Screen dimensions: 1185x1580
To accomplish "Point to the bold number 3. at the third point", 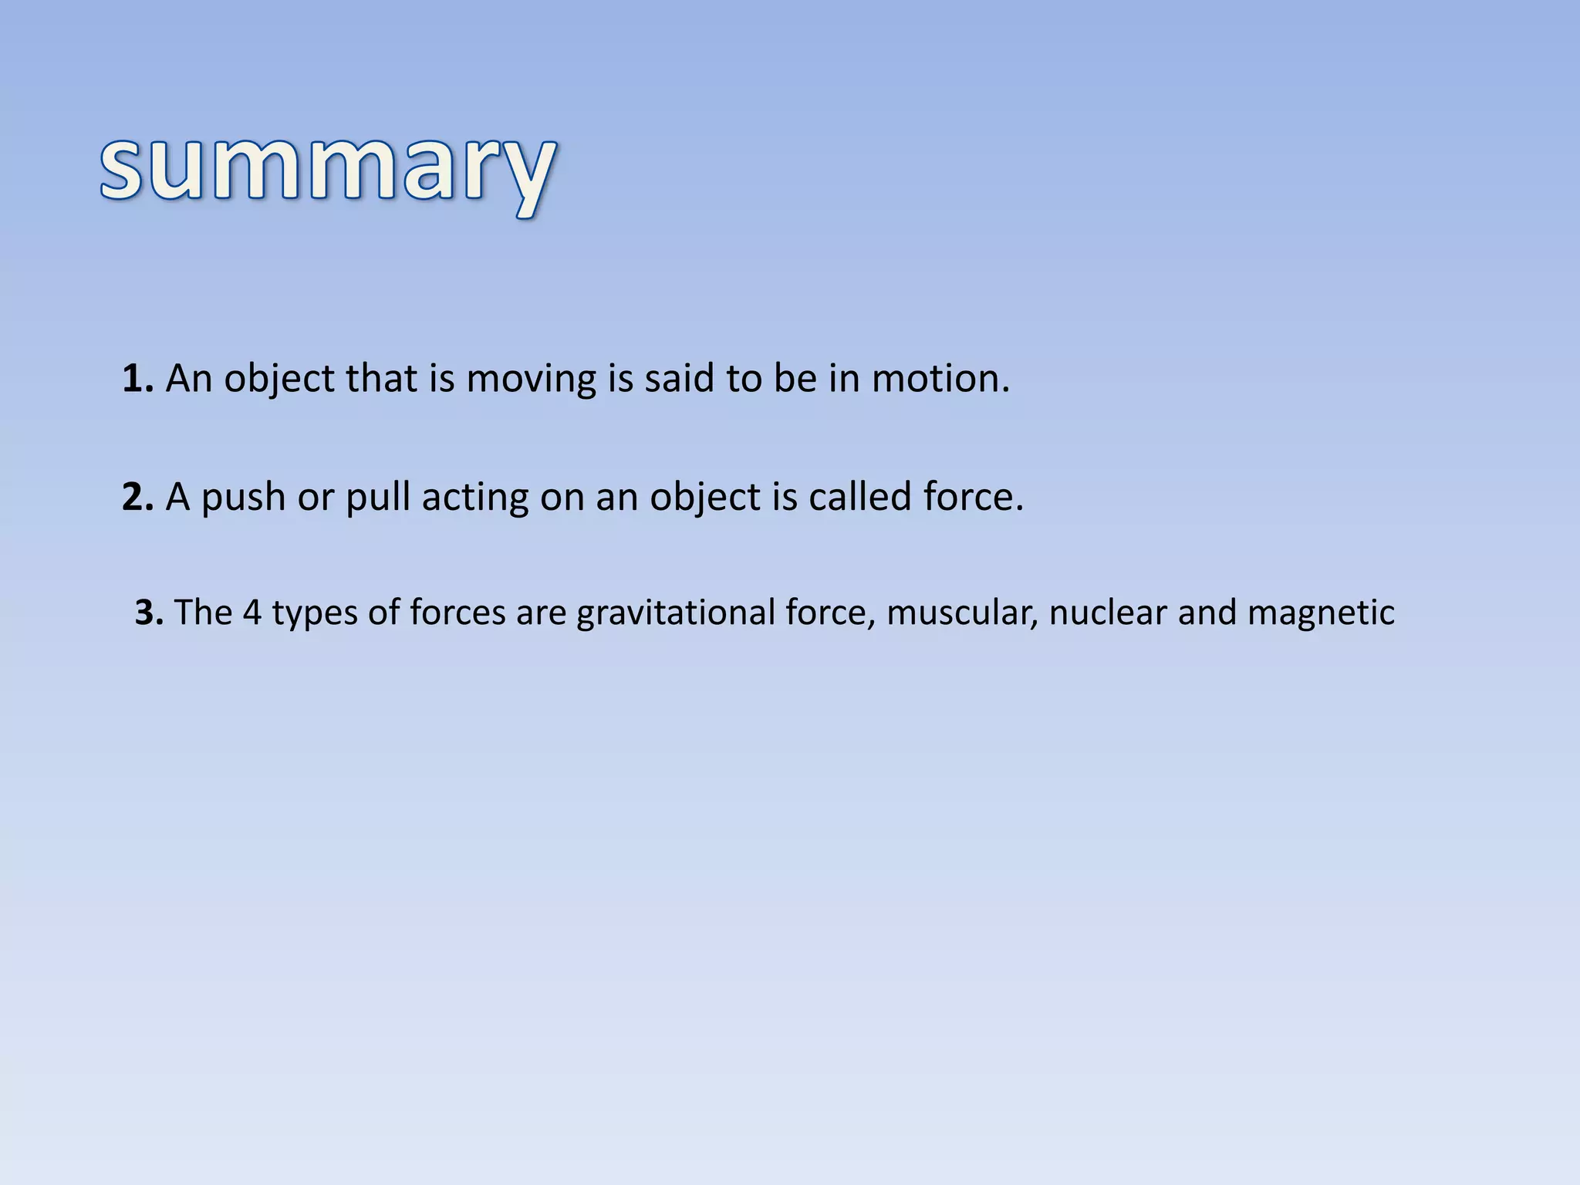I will pos(149,613).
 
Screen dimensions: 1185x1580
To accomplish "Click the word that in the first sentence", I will pos(380,379).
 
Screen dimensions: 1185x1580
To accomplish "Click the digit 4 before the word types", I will pos(252,613).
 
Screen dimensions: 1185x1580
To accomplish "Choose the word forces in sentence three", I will pos(457,613).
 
